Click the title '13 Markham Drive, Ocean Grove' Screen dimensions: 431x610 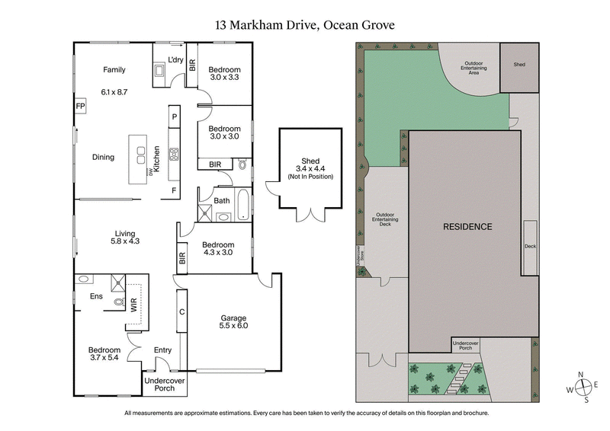point(305,24)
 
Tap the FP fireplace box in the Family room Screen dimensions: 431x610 point(80,106)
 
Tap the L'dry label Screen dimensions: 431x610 point(173,59)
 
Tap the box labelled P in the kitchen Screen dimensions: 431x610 point(174,117)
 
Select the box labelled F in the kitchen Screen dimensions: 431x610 point(174,190)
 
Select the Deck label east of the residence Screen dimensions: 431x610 point(531,247)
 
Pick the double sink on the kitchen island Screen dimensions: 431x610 point(141,155)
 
